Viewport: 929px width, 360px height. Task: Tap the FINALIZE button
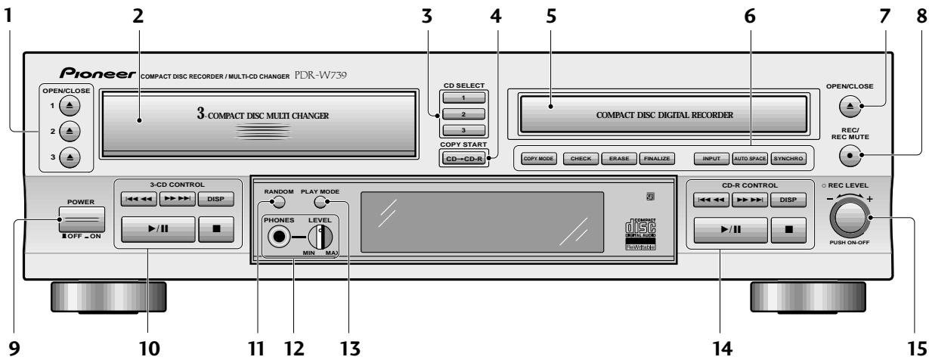coord(657,160)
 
